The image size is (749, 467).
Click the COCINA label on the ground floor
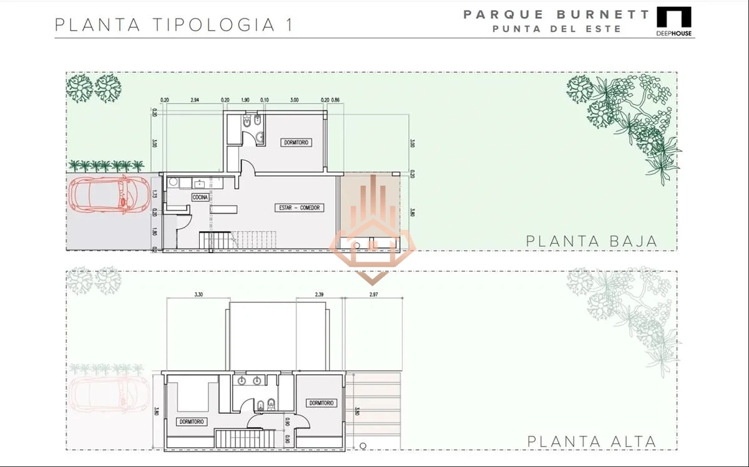click(200, 197)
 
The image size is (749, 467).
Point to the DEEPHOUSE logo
click(673, 22)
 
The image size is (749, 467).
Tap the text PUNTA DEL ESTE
click(556, 29)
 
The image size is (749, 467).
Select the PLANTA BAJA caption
click(591, 241)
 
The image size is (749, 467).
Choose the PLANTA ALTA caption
click(591, 441)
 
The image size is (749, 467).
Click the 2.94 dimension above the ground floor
click(194, 100)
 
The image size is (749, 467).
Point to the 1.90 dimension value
click(245, 100)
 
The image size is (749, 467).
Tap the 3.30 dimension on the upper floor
click(198, 294)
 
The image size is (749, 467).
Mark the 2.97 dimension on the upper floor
click(374, 294)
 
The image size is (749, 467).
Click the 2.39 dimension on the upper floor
click(318, 294)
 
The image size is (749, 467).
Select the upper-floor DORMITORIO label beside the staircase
click(191, 421)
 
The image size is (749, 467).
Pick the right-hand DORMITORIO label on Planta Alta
click(322, 403)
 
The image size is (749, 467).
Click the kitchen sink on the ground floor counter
click(200, 183)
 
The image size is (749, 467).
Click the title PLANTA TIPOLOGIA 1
click(174, 25)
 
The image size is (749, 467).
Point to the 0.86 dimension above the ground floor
click(336, 100)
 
